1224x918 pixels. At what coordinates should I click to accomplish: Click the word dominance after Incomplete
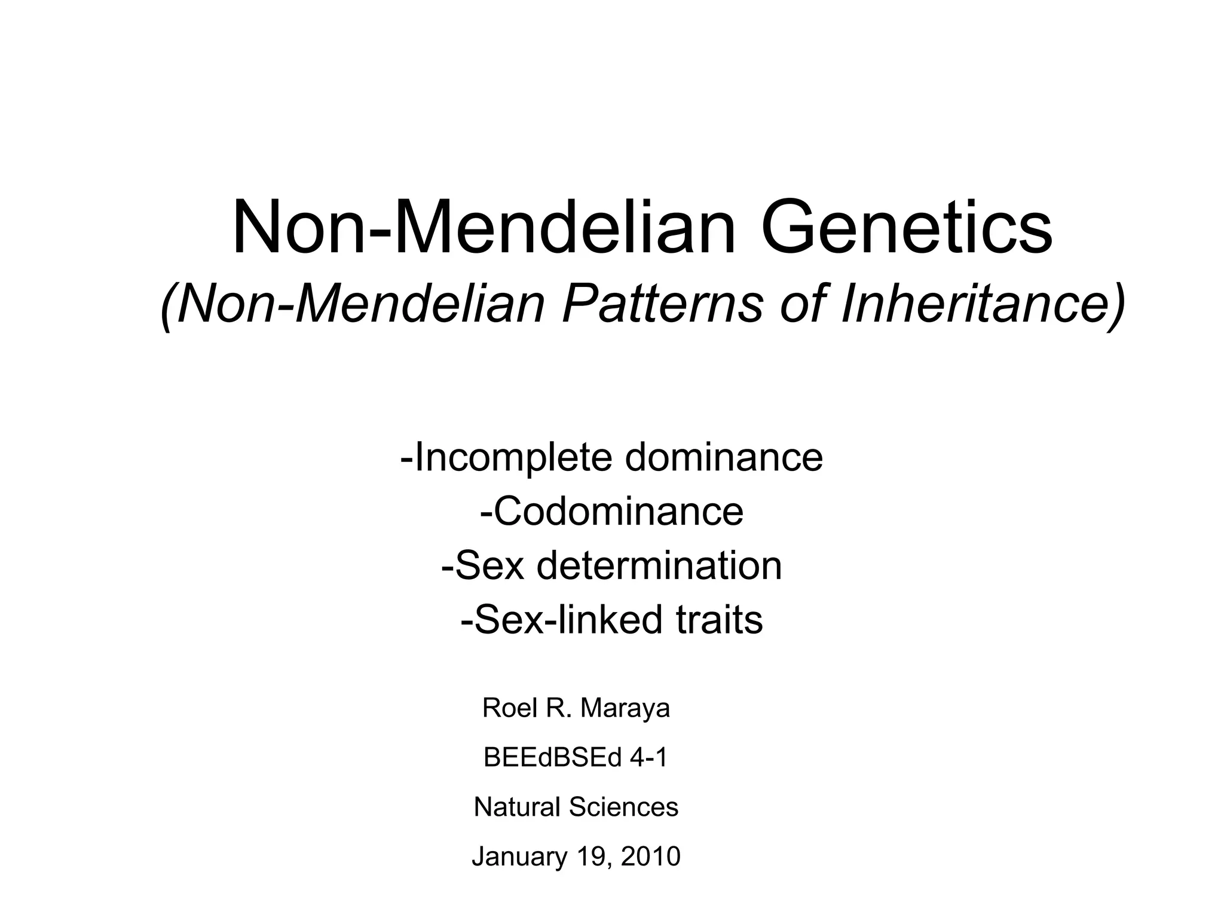[724, 458]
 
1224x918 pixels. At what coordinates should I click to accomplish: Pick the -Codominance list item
[611, 512]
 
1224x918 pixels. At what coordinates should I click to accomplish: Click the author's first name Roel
[506, 708]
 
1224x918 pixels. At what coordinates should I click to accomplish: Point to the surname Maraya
[625, 708]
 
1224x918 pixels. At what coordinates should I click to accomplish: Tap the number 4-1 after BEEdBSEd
[648, 758]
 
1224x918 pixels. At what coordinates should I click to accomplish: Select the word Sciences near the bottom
[624, 807]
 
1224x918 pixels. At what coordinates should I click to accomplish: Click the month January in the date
[519, 856]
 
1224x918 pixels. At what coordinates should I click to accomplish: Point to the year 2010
[651, 856]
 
